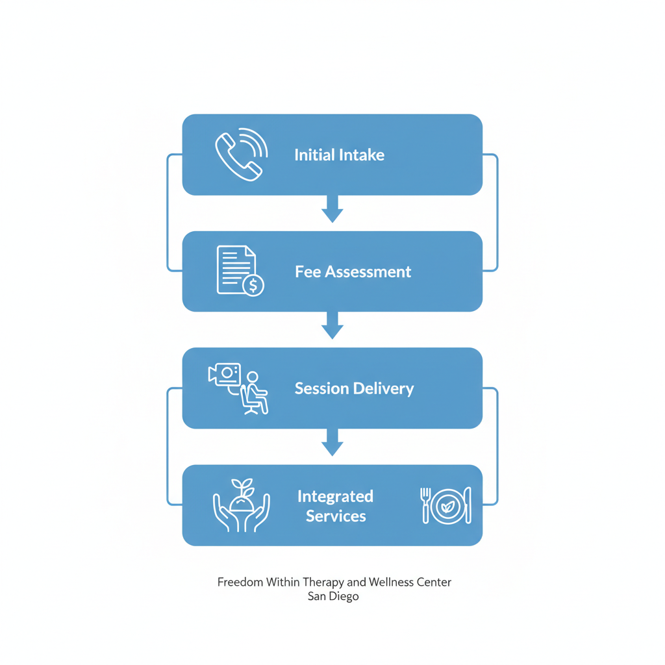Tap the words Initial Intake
[x=339, y=155]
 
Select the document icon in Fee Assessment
[x=234, y=268]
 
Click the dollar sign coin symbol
[x=253, y=284]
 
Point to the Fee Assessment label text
[x=353, y=271]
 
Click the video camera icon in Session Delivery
[x=225, y=374]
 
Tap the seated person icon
[x=255, y=392]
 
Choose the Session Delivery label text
[x=354, y=388]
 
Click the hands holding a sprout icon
[x=242, y=505]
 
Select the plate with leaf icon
[x=446, y=505]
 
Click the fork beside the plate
[x=426, y=505]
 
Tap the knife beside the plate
[x=468, y=505]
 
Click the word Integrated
[x=335, y=496]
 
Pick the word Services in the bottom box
[x=336, y=516]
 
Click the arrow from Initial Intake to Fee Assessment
[x=332, y=209]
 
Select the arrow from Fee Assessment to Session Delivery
[x=332, y=325]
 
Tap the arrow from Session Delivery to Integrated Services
[x=332, y=442]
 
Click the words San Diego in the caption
[x=333, y=596]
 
